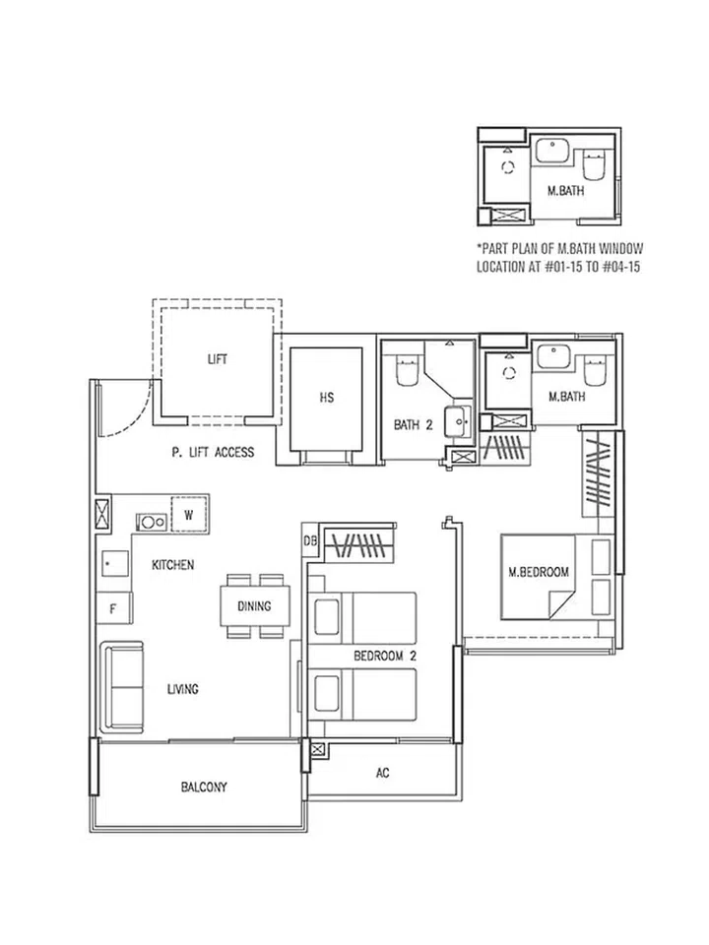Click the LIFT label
pos(217,359)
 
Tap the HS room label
pos(327,398)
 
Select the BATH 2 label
pos(414,425)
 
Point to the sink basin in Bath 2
pos(458,421)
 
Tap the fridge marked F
pos(113,608)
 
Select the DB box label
pos(309,540)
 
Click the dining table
pos(254,605)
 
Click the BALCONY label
pos(204,787)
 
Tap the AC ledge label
pos(383,773)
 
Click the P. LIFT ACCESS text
pos(213,453)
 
